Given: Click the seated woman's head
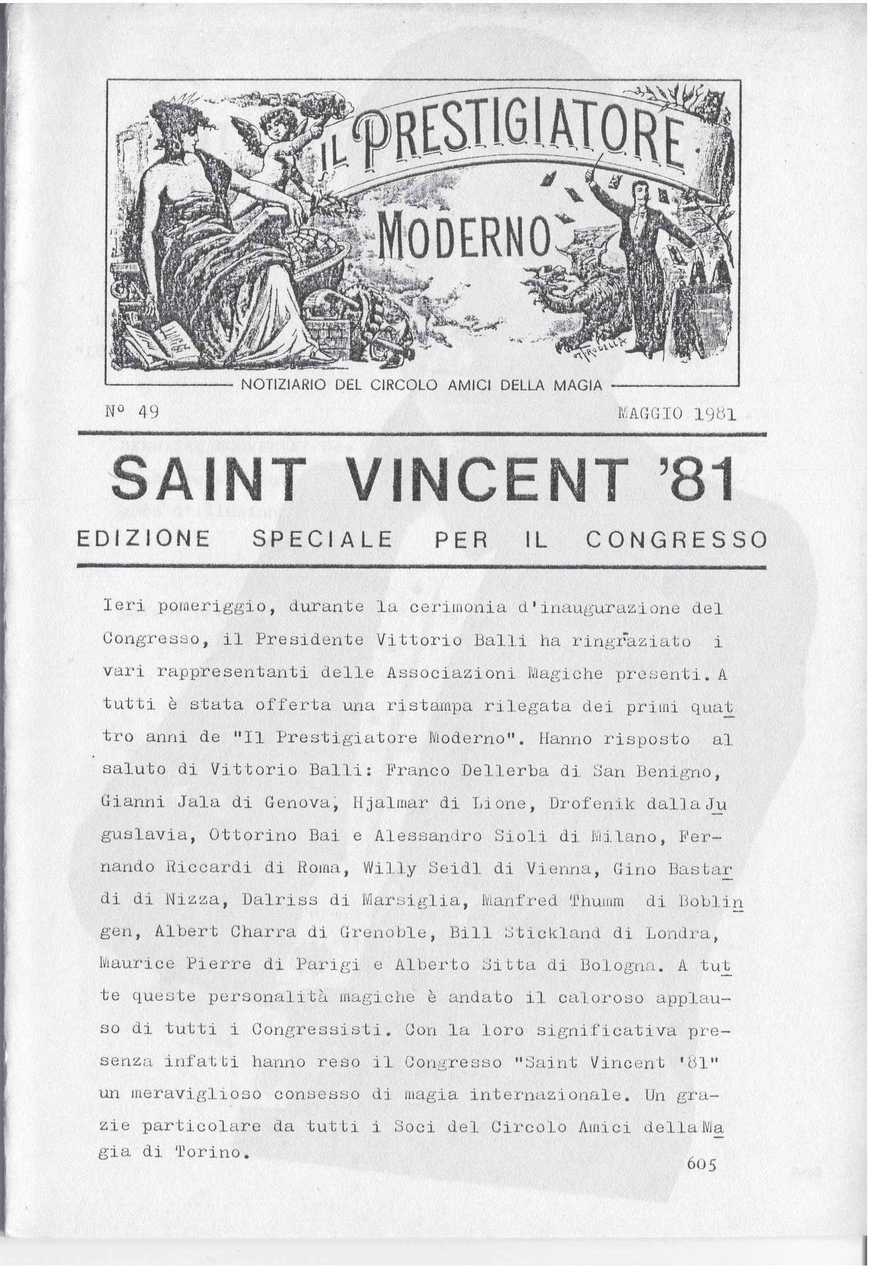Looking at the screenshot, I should (x=179, y=130).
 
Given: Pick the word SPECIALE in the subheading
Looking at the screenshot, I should (x=323, y=539).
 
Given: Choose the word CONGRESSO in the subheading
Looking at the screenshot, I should (x=676, y=539).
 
